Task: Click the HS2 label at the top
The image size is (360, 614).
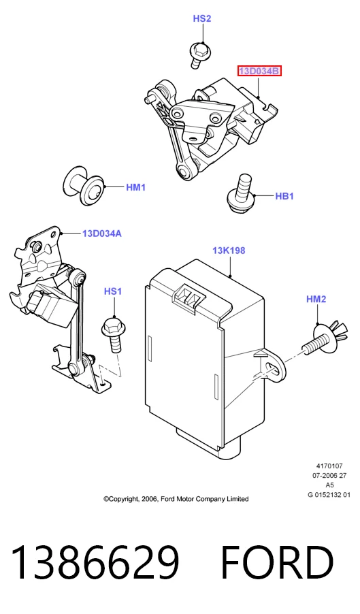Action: pyautogui.click(x=202, y=18)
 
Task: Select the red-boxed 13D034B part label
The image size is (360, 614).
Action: pyautogui.click(x=260, y=71)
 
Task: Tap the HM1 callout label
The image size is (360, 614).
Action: pyautogui.click(x=136, y=187)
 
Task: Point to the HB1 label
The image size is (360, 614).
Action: pyautogui.click(x=284, y=196)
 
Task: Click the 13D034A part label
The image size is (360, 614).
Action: pyautogui.click(x=102, y=233)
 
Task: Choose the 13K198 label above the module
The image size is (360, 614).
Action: pyautogui.click(x=229, y=251)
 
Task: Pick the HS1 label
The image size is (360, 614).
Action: pyautogui.click(x=113, y=291)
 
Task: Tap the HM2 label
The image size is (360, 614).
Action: pyautogui.click(x=316, y=299)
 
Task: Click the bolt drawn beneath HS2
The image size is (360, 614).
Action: pyautogui.click(x=200, y=54)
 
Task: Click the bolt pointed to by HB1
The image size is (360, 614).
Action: pyautogui.click(x=242, y=193)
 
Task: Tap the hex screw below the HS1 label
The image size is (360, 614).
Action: pyautogui.click(x=113, y=335)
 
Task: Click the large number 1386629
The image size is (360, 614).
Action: pyautogui.click(x=95, y=562)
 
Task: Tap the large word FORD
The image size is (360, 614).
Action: pyautogui.click(x=278, y=562)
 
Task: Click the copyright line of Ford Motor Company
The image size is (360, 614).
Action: pyautogui.click(x=176, y=499)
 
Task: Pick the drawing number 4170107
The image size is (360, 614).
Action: pyautogui.click(x=329, y=466)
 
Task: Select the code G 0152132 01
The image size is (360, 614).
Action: pyautogui.click(x=329, y=495)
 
